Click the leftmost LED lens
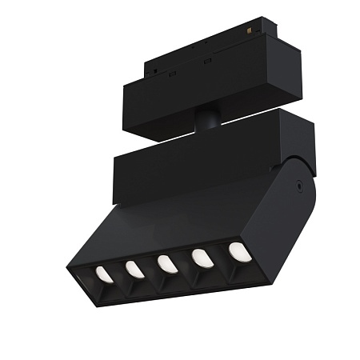[x=104, y=274]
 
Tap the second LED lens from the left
[x=135, y=269]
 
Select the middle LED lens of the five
[x=167, y=263]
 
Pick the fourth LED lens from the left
[x=202, y=258]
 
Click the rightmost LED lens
[x=238, y=251]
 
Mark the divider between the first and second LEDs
[x=119, y=274]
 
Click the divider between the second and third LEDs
[x=151, y=269]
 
